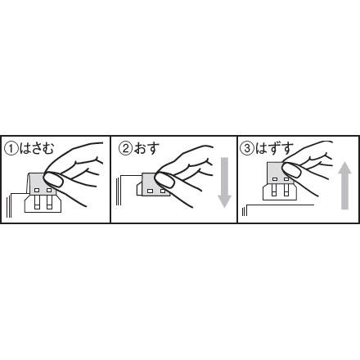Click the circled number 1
coord(11,149)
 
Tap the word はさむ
coord(37,149)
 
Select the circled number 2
coord(126,149)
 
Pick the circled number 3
coord(247,149)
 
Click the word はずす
coord(274,149)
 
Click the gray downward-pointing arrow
coord(224,182)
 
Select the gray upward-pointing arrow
coord(344,186)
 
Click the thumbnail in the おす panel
coord(164,181)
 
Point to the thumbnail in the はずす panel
coord(291,170)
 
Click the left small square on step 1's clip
coord(37,190)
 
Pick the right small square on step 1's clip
coord(49,190)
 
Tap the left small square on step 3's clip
coord(275,179)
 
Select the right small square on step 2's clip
coord(163,191)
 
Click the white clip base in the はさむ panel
coord(43,203)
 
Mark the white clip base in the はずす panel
coord(281,191)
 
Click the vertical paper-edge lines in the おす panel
coord(119,191)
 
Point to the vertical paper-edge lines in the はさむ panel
coord(9,205)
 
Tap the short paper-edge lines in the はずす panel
coord(245,212)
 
